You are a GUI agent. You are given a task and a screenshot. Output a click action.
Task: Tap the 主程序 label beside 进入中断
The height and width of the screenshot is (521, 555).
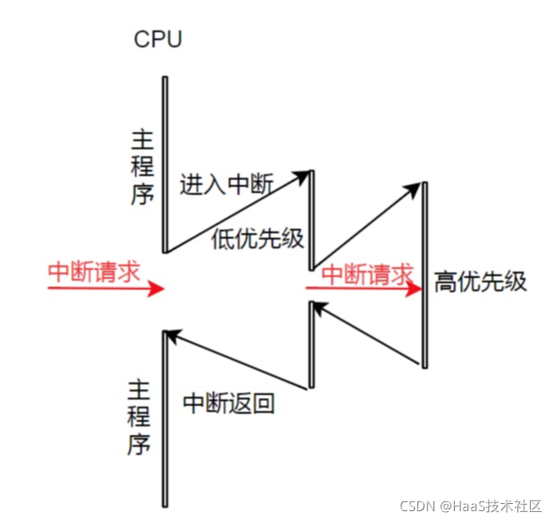pos(142,167)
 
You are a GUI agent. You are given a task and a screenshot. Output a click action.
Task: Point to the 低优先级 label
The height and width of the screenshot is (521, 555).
pos(258,239)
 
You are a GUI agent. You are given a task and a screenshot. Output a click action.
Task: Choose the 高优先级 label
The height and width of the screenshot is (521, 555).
pos(480,282)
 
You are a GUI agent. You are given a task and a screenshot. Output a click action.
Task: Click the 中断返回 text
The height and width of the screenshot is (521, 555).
pos(228,403)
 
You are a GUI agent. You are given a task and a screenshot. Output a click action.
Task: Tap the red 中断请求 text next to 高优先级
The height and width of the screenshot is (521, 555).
pos(367,273)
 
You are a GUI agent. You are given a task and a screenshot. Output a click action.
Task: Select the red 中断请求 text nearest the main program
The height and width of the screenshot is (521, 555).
pos(94,273)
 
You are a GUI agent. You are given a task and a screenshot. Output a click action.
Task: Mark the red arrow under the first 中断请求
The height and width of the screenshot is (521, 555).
pos(105,289)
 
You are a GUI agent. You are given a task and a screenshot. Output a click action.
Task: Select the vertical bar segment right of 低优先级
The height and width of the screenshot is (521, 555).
pos(311,219)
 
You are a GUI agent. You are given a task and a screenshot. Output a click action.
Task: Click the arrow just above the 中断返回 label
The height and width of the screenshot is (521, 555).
pos(238,361)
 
